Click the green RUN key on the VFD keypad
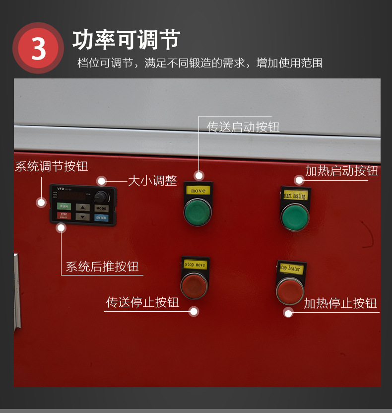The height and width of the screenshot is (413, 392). click(x=64, y=206)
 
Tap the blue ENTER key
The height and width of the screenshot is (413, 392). click(x=101, y=217)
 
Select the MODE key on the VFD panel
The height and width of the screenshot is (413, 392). click(x=101, y=208)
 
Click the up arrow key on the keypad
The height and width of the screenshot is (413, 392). click(x=83, y=207)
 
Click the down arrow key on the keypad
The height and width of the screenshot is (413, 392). click(x=83, y=216)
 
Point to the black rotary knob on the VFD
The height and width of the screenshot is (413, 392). click(x=101, y=196)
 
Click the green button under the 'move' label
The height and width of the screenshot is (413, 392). click(x=197, y=211)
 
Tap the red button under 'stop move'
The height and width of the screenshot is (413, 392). click(x=194, y=285)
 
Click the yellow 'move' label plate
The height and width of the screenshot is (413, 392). click(x=198, y=190)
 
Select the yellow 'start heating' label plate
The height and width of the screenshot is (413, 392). click(x=295, y=195)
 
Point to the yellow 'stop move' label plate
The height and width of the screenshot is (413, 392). click(x=195, y=265)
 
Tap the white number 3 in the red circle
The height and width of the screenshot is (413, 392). click(x=38, y=49)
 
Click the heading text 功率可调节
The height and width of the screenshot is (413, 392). click(x=126, y=40)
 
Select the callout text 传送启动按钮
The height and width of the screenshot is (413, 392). click(x=243, y=127)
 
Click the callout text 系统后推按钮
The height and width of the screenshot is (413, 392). click(x=102, y=267)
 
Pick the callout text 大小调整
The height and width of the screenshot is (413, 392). click(x=152, y=181)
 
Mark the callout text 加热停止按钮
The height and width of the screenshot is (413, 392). click(x=340, y=303)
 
